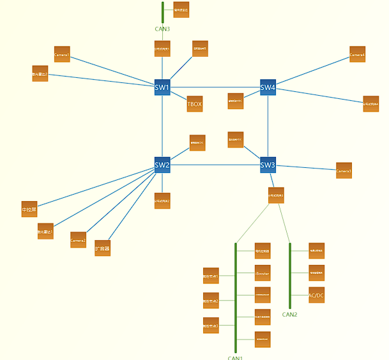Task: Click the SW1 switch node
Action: coord(162,87)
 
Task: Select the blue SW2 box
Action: coord(162,165)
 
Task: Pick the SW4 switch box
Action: coord(268,87)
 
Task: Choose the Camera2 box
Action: coord(78,239)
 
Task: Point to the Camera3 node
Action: coord(344,170)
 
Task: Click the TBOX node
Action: coord(195,103)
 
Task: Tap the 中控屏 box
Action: coord(29,209)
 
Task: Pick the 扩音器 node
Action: coord(102,248)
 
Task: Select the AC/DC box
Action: coord(316,295)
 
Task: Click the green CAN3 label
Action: coord(162,29)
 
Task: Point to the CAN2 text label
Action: coord(290,314)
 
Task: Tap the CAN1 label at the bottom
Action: coord(235,357)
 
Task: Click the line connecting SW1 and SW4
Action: coord(215,87)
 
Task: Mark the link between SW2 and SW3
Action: coord(215,165)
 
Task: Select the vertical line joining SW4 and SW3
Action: coord(268,126)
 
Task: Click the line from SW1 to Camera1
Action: coord(112,71)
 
